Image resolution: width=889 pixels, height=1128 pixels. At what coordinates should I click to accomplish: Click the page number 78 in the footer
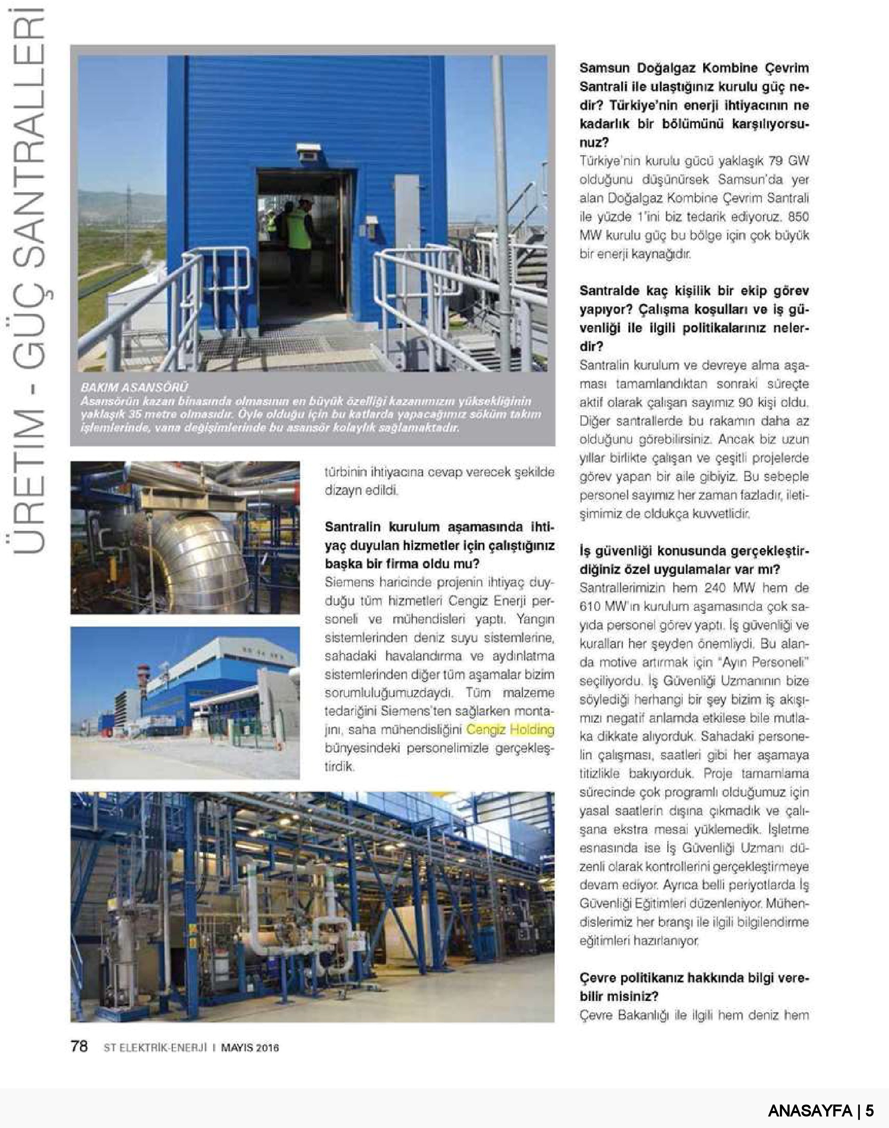[x=79, y=1046]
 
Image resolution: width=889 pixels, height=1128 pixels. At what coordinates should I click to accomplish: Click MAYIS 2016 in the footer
[x=250, y=1047]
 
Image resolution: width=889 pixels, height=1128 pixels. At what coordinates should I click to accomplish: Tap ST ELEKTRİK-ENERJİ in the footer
[x=155, y=1047]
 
